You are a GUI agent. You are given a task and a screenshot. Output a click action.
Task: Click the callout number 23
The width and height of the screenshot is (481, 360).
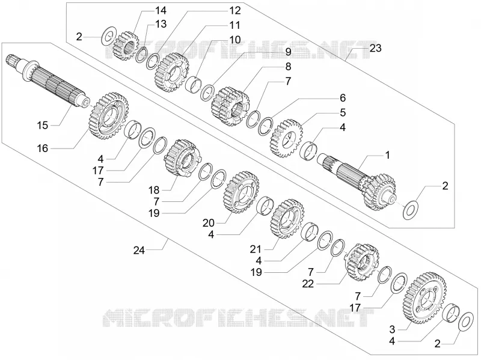(x=375, y=48)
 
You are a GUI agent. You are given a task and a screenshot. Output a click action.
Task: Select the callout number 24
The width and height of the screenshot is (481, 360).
(x=139, y=250)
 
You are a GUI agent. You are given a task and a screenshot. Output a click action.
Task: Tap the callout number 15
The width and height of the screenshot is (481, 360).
(x=43, y=125)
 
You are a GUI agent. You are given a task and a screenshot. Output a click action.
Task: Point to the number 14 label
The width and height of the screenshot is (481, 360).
(x=161, y=10)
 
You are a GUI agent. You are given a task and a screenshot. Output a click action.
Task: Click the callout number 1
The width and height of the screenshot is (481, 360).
(x=387, y=155)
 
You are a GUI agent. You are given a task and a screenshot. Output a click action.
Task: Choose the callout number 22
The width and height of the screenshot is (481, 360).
(x=308, y=284)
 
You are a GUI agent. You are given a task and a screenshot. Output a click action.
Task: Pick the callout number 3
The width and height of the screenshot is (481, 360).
(x=392, y=329)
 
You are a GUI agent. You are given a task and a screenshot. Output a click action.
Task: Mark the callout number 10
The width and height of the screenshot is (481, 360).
(x=235, y=40)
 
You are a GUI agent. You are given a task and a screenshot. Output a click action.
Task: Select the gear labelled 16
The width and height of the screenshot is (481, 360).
(x=108, y=116)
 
